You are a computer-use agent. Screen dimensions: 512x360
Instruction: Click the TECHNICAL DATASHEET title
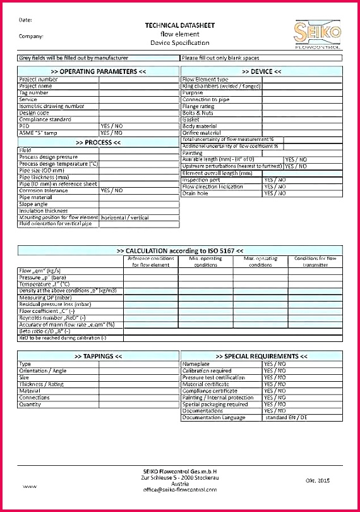click(179, 25)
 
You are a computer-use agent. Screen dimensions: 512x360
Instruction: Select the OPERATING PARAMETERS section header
click(98, 71)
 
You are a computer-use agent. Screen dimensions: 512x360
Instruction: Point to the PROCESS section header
click(98, 142)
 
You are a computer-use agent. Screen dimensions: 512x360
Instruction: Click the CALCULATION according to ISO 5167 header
click(180, 250)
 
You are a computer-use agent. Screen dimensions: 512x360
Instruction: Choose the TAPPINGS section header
click(98, 357)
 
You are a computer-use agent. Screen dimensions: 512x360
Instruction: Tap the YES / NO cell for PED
click(112, 126)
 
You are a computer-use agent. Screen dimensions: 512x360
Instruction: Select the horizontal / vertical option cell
click(125, 217)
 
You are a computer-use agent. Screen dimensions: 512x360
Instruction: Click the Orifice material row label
click(201, 133)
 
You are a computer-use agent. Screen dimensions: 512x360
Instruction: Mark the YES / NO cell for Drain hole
click(275, 193)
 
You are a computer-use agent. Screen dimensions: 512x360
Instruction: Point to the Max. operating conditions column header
click(260, 262)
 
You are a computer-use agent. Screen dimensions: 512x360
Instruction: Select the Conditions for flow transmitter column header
click(315, 262)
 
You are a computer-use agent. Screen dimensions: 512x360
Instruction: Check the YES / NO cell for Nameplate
click(275, 364)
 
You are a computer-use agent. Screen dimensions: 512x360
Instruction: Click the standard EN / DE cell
click(285, 418)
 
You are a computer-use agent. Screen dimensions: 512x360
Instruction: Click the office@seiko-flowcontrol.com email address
click(180, 489)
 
